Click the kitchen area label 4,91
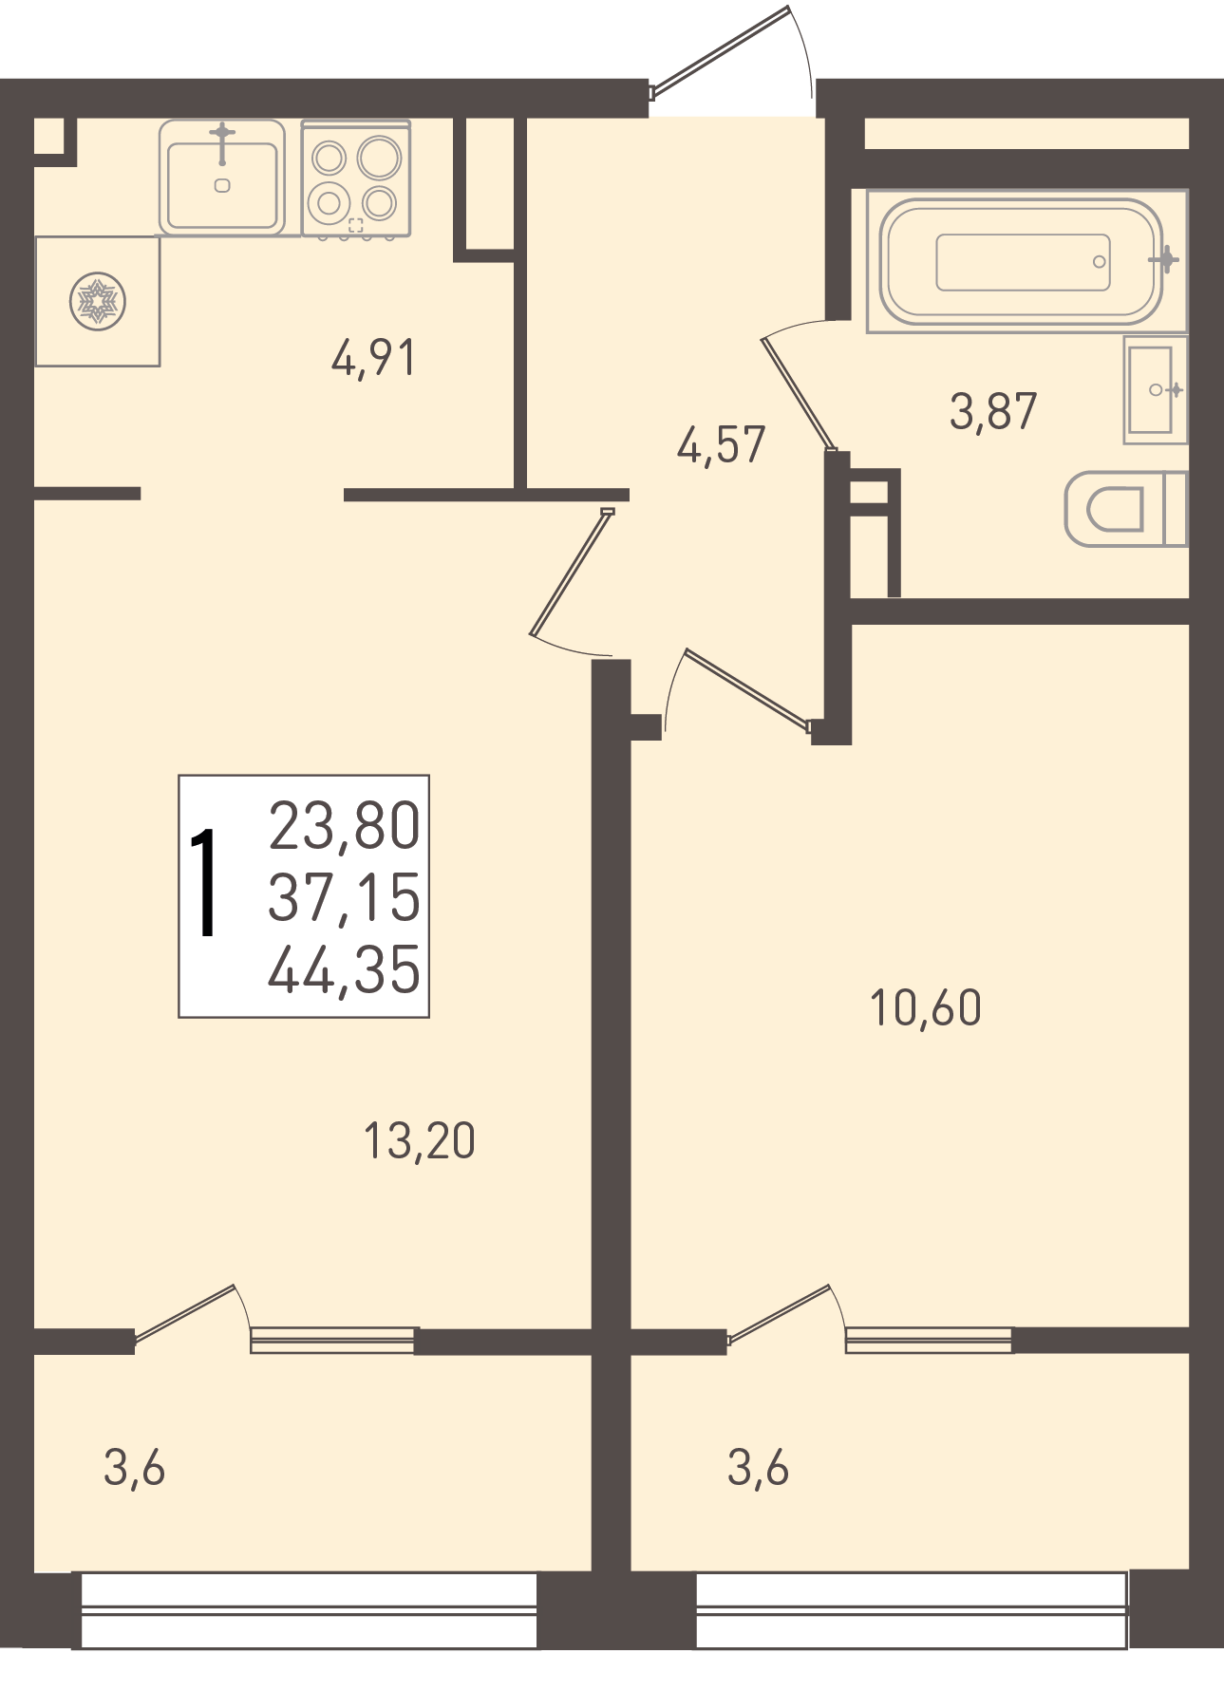coord(373,359)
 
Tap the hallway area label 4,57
coord(721,444)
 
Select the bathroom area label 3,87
coord(993,411)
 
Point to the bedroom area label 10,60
coord(926,1007)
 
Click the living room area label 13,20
coord(420,1140)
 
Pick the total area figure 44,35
coord(345,969)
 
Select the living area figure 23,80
coord(345,825)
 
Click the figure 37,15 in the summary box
coord(345,897)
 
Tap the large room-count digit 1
coord(204,882)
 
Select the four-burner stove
coord(356,178)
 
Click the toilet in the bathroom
coord(1126,509)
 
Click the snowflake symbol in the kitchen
coord(98,302)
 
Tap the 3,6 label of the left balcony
coord(135,1468)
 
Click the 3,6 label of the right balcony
coord(759,1468)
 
